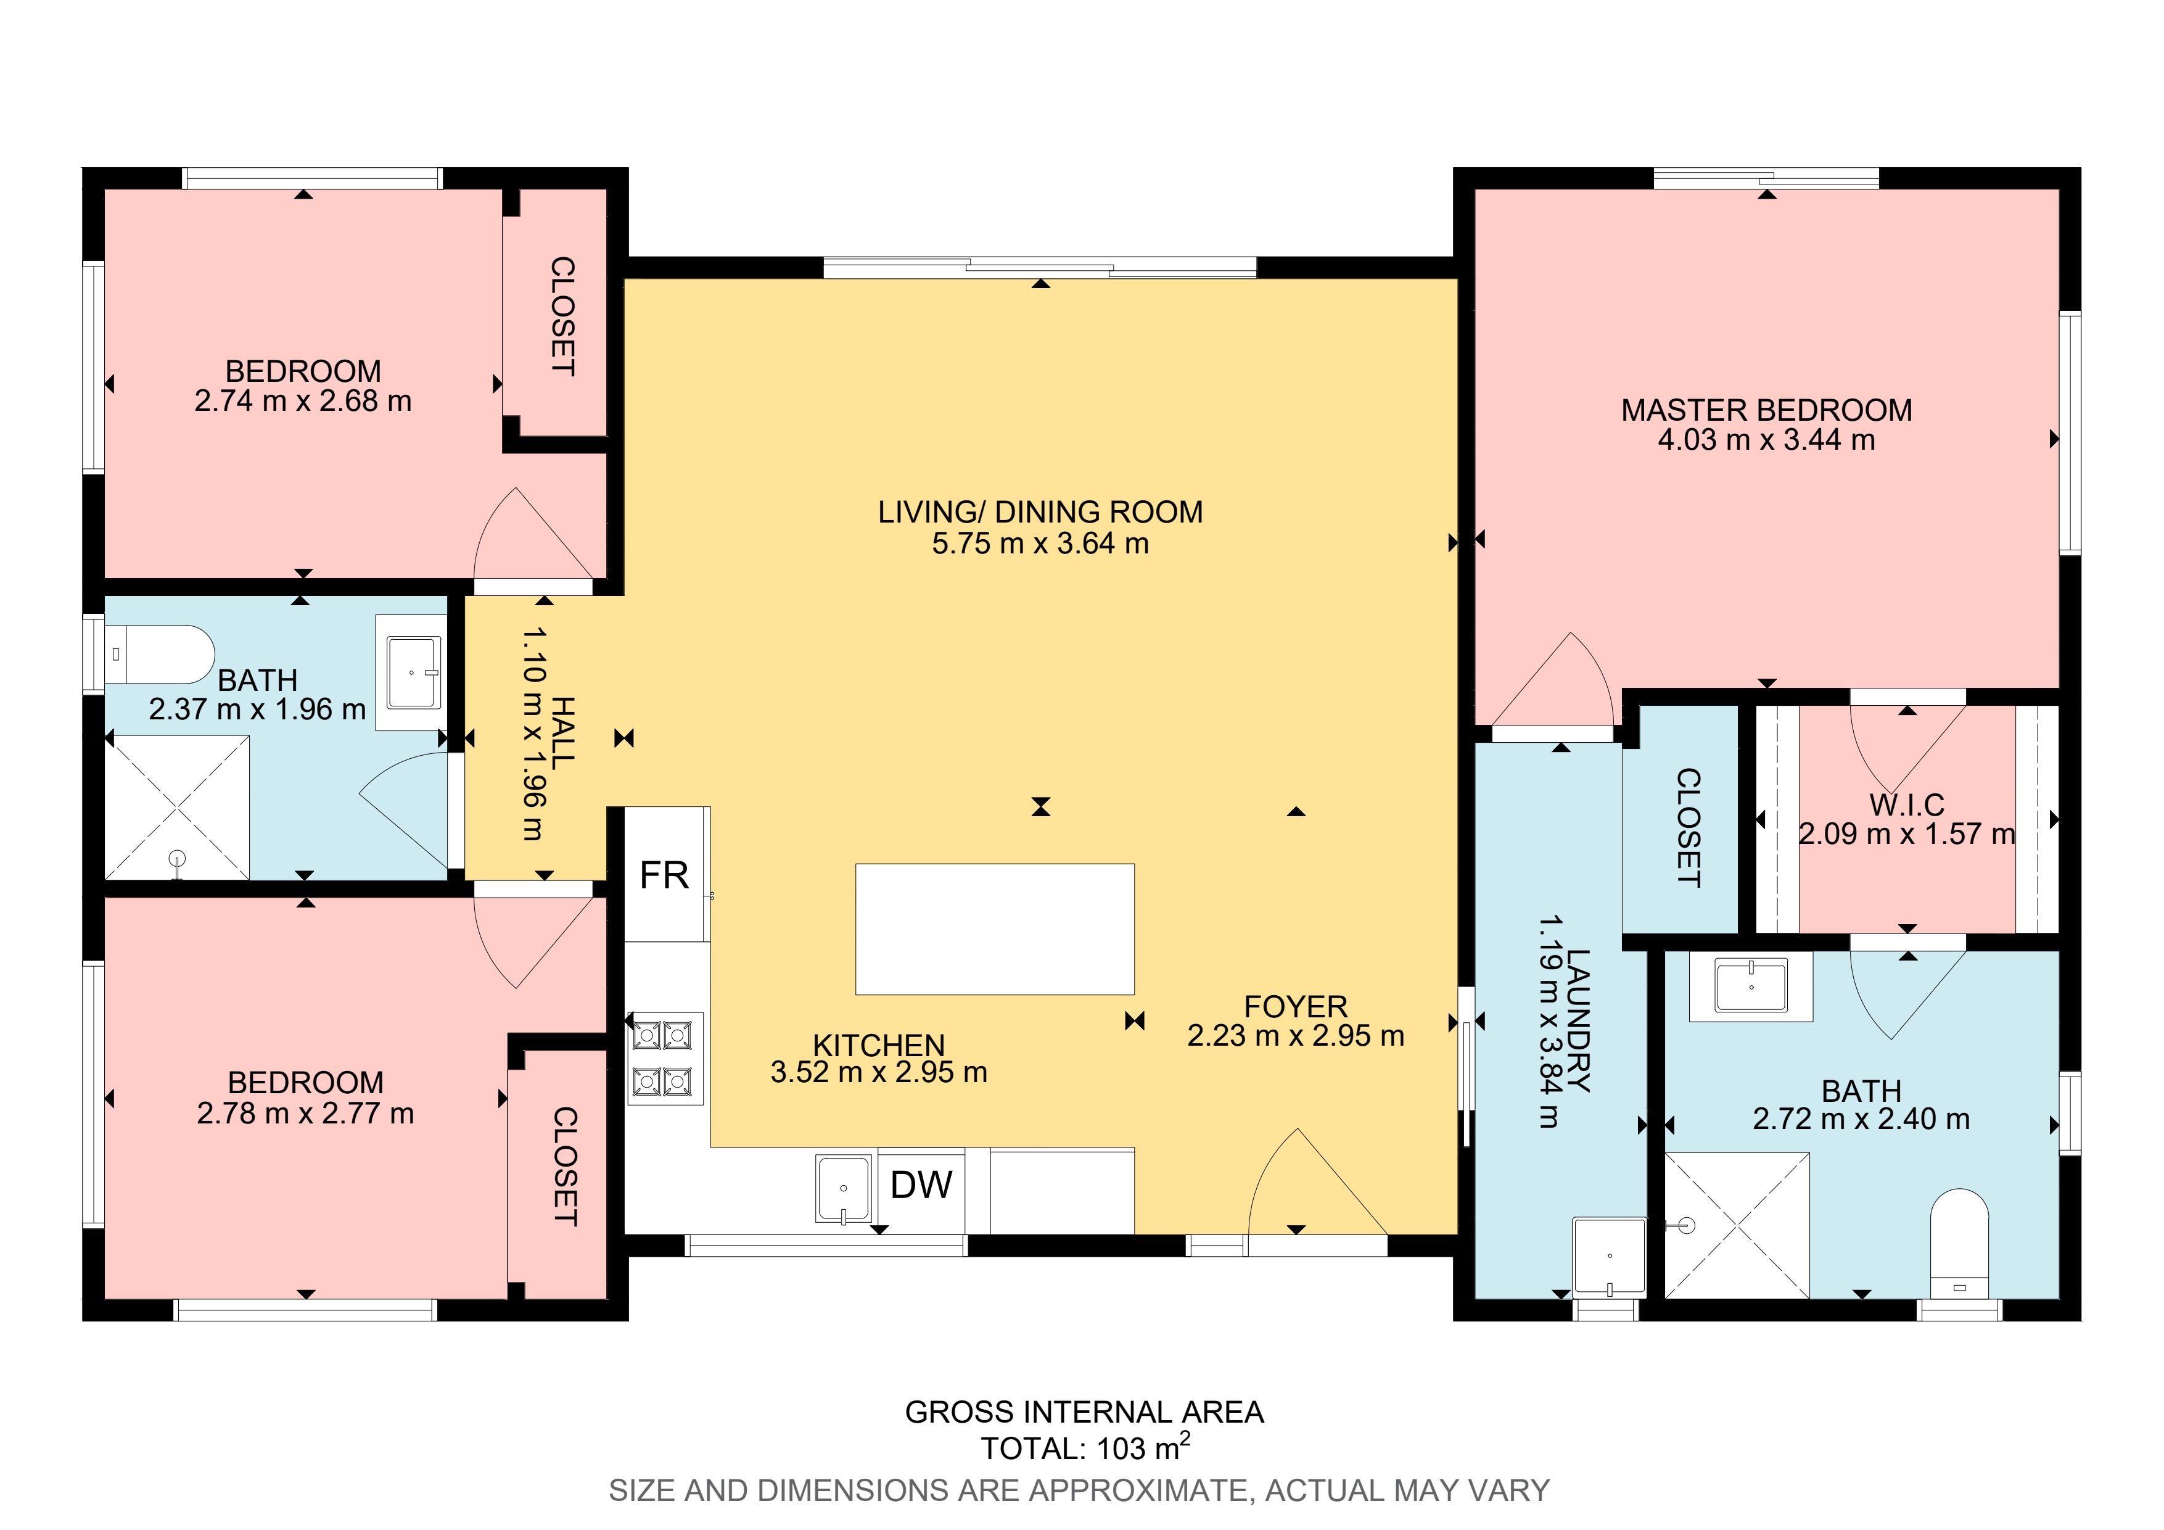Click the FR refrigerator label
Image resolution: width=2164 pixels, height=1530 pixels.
[664, 876]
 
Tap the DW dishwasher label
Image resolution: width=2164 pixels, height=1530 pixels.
[921, 1185]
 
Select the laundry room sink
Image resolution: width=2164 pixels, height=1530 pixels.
[1609, 1257]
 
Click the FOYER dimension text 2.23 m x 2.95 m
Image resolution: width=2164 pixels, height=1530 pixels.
[1296, 1035]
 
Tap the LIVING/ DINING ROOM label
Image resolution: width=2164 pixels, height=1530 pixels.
[1040, 512]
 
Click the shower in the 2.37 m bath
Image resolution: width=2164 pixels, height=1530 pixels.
[177, 808]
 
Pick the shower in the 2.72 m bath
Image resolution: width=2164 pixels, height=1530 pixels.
[1737, 1225]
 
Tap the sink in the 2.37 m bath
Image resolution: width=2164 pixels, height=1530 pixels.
[411, 672]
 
